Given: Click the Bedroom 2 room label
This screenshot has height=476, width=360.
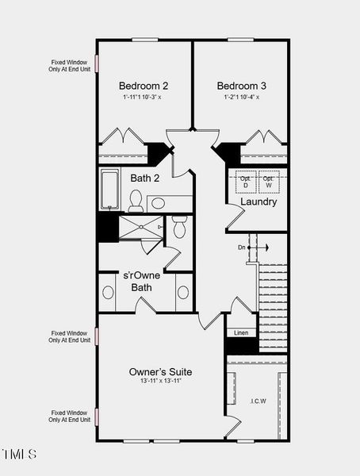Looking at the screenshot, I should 143,86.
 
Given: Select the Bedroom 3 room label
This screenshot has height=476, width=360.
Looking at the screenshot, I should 241,86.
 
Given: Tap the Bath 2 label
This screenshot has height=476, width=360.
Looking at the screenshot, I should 145,178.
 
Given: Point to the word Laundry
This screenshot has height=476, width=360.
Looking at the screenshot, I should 259,202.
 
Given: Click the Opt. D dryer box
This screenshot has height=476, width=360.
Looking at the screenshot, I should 246,182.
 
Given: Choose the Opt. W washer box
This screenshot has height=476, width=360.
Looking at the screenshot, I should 269,182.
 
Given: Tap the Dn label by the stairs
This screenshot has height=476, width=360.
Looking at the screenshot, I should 242,248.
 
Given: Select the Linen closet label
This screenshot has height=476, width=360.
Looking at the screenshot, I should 241,333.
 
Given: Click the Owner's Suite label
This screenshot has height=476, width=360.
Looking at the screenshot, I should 160,371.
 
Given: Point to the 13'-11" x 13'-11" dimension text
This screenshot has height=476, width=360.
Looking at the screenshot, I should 160,382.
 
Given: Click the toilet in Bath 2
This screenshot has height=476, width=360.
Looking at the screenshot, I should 135,201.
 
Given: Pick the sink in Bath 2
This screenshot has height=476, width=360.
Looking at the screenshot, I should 158,203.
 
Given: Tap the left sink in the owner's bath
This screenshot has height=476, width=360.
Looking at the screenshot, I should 108,292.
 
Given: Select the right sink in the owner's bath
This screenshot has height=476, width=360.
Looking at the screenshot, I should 183,292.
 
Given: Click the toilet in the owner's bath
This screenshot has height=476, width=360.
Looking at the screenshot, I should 180,228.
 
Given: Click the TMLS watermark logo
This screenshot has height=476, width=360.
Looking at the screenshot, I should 19,455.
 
